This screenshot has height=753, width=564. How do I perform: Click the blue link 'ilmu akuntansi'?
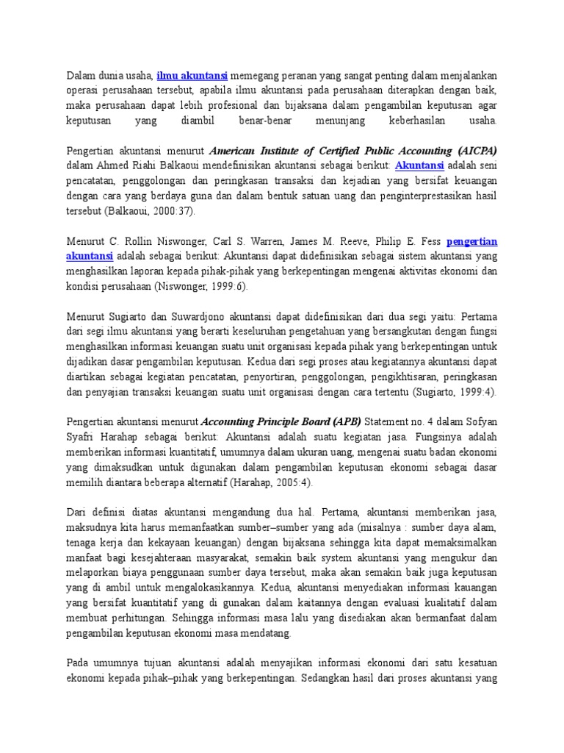192,75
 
